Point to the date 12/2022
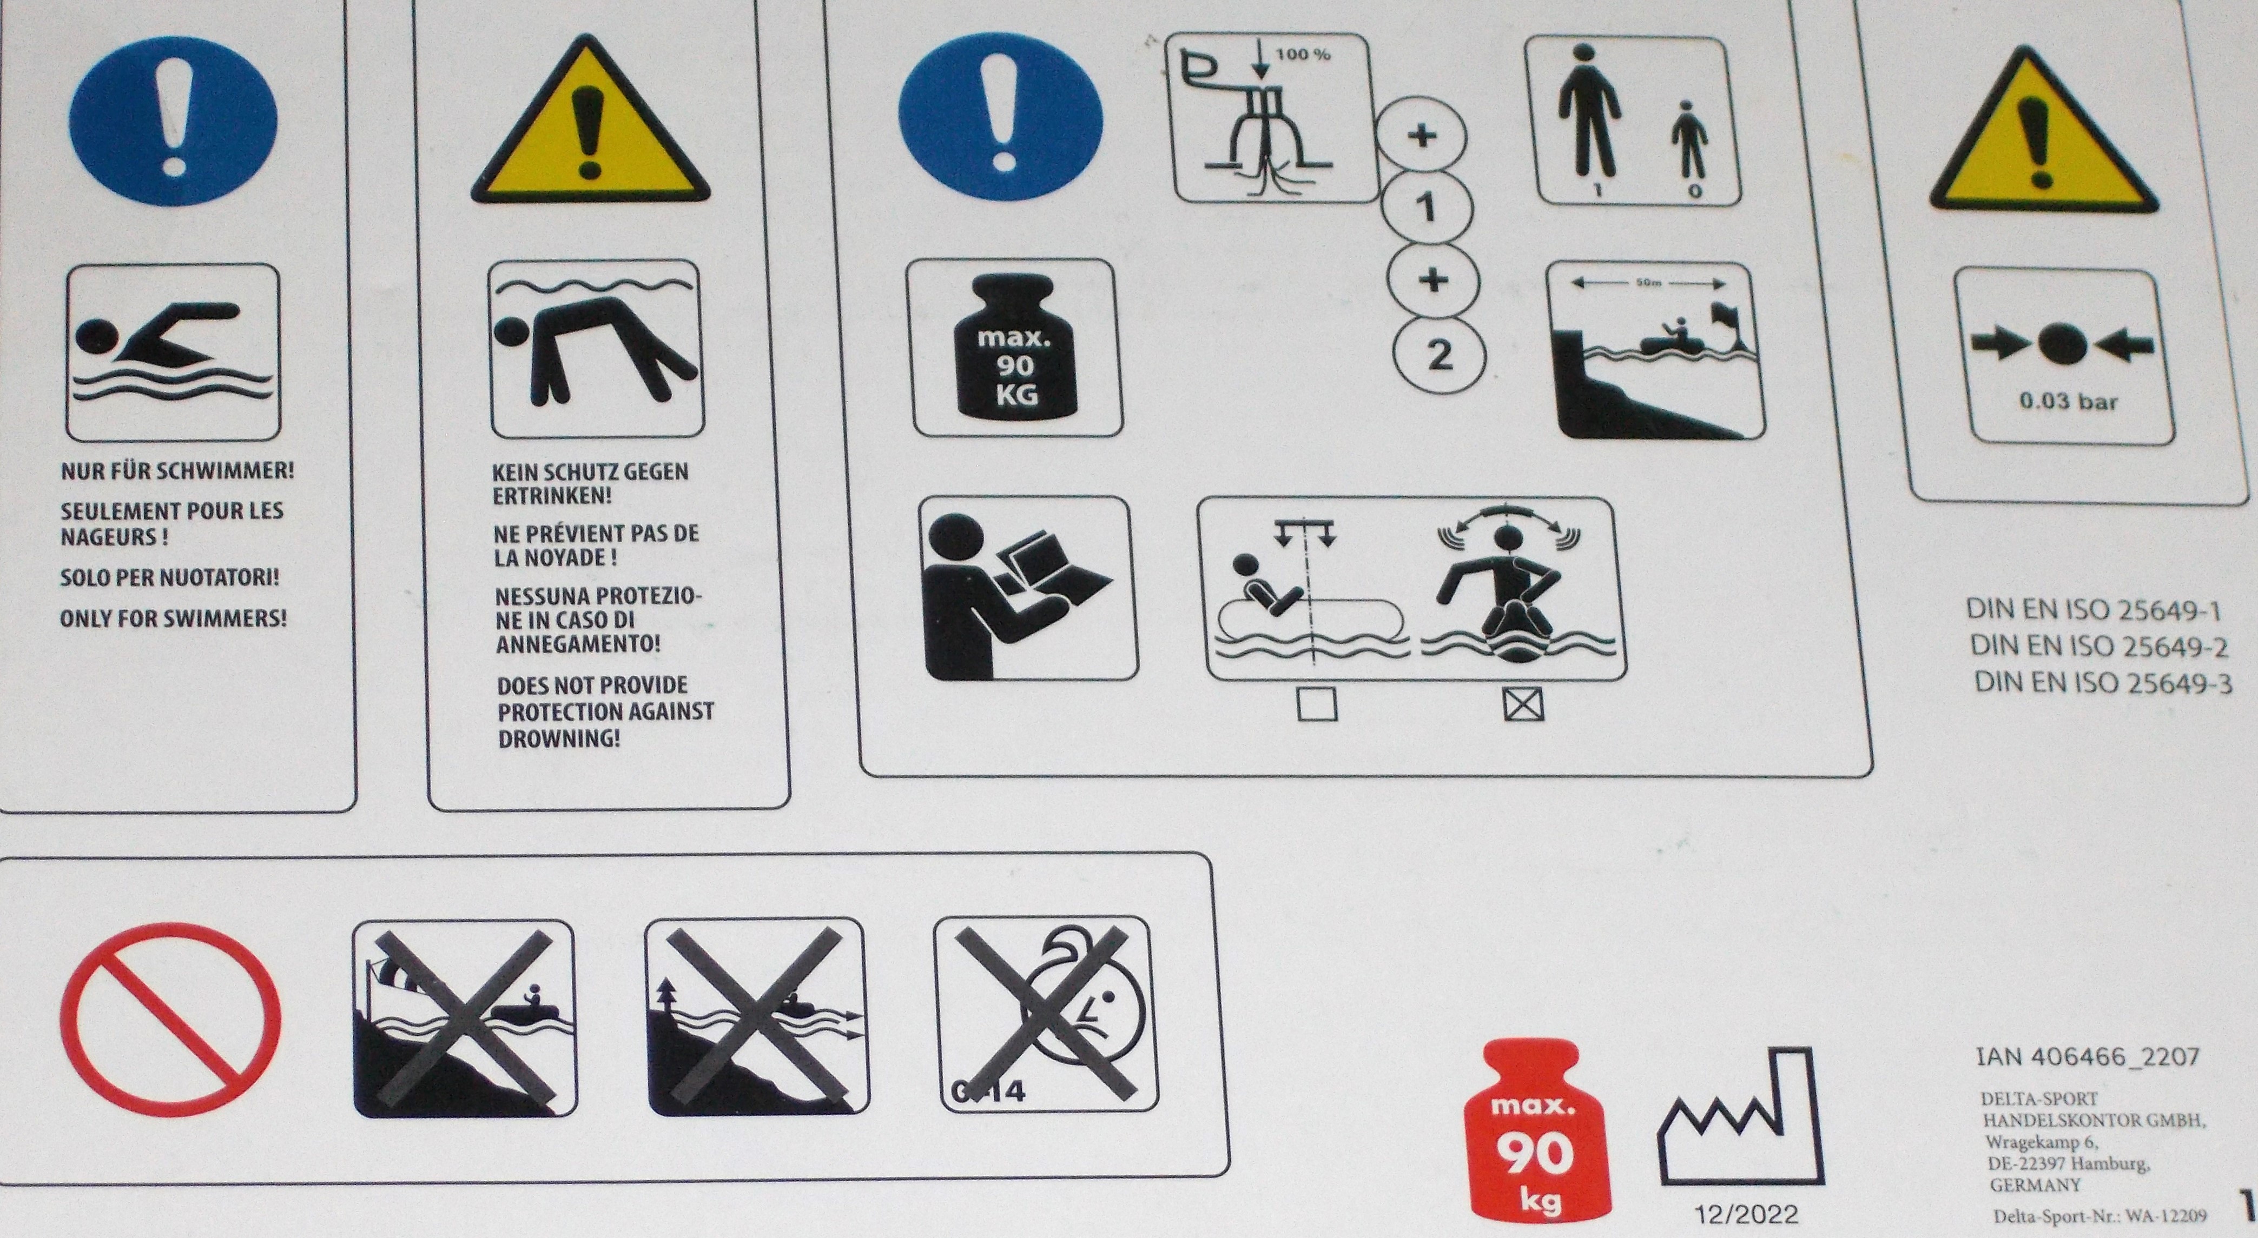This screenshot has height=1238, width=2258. click(1746, 1214)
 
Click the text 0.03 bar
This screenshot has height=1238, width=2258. click(2069, 402)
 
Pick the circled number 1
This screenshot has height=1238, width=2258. click(1426, 209)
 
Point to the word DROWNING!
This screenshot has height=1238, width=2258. click(559, 738)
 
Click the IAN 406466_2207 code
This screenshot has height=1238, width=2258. click(2088, 1057)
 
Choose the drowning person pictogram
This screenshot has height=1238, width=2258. click(597, 349)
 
